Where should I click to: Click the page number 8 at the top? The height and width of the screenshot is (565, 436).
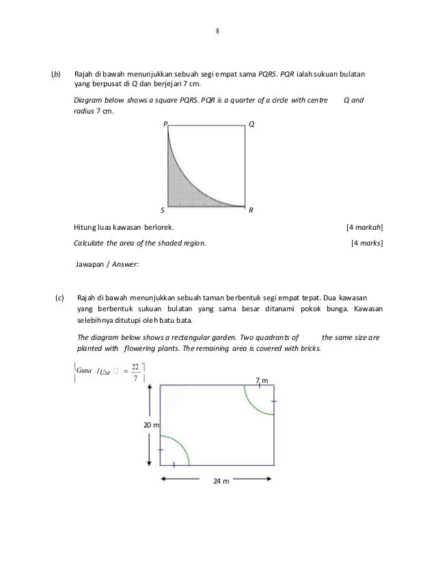(218, 29)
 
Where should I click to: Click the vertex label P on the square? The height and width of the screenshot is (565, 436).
(164, 124)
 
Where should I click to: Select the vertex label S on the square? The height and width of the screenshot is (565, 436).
(163, 211)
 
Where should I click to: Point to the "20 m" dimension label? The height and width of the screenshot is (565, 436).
(150, 425)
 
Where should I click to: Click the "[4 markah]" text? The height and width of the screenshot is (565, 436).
(364, 227)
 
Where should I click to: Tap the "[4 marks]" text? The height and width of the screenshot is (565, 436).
(366, 243)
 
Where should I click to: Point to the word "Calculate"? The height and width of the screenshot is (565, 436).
(90, 243)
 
